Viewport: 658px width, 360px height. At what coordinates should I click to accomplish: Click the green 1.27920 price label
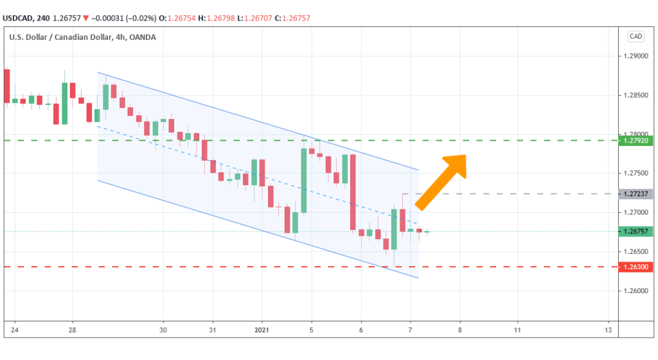[636, 140]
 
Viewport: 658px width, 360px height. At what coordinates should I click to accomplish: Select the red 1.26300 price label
[636, 266]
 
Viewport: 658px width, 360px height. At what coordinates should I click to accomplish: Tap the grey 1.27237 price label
[636, 194]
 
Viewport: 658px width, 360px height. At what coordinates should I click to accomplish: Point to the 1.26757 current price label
[636, 231]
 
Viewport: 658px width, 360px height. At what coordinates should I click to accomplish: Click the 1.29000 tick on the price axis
[636, 57]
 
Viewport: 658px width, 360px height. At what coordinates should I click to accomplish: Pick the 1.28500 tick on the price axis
[636, 96]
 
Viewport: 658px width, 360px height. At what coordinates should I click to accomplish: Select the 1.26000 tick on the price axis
[636, 291]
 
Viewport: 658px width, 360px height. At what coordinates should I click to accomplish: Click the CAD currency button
[636, 37]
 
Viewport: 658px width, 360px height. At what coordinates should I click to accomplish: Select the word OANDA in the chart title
[142, 37]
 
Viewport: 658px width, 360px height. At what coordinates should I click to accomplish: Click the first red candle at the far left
[7, 85]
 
